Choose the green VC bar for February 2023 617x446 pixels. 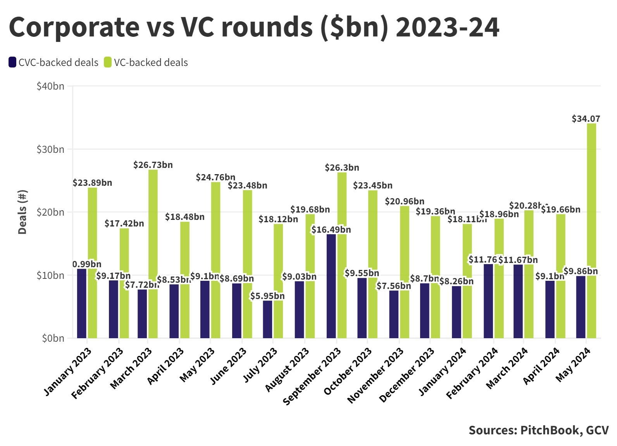pyautogui.click(x=124, y=283)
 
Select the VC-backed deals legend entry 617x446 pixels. pyautogui.click(x=146, y=62)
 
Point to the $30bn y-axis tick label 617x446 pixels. pyautogui.click(x=50, y=149)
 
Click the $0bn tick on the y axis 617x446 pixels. pyautogui.click(x=53, y=338)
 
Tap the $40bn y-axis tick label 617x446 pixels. pyautogui.click(x=50, y=86)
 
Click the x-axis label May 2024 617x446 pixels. pyautogui.click(x=573, y=365)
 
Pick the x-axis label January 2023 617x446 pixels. pyautogui.click(x=68, y=372)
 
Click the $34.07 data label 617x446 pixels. pyautogui.click(x=586, y=119)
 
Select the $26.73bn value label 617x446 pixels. pyautogui.click(x=153, y=165)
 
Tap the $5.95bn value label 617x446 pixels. pyautogui.click(x=267, y=296)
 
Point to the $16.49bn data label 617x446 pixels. pyautogui.click(x=331, y=230)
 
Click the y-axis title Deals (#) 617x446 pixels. pyautogui.click(x=22, y=212)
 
